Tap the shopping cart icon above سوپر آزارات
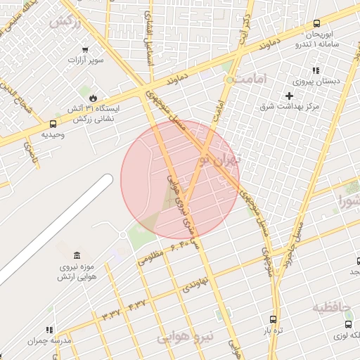[85, 50]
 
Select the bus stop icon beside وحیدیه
[53, 124]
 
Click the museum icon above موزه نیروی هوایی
[77, 254]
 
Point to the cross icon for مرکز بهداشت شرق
[289, 95]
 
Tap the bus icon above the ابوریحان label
[317, 23]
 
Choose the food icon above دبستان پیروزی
[316, 70]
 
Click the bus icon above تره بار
[272, 319]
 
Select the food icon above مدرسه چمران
[49, 329]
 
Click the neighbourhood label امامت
[252, 80]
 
